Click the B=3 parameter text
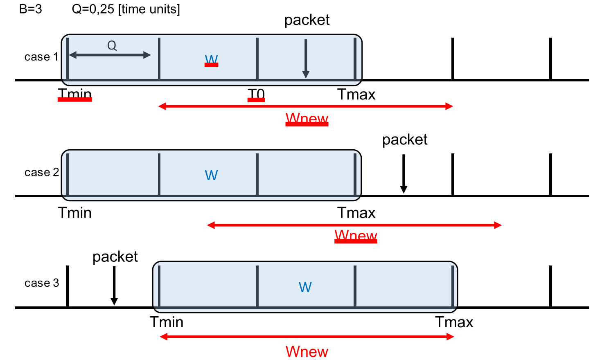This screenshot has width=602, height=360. pyautogui.click(x=30, y=9)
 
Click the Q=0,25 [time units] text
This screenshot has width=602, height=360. pyautogui.click(x=126, y=9)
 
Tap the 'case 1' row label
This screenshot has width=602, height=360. pyautogui.click(x=41, y=57)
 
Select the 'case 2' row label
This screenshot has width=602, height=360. pyautogui.click(x=41, y=173)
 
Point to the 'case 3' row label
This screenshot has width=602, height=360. pyautogui.click(x=41, y=283)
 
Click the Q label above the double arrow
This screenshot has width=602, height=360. pyautogui.click(x=112, y=45)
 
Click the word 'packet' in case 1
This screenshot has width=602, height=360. pyautogui.click(x=307, y=20)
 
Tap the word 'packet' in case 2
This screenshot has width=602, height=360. pyautogui.click(x=405, y=140)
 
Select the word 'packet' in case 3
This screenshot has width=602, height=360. pyautogui.click(x=115, y=257)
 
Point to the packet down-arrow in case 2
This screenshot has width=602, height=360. pyautogui.click(x=404, y=173)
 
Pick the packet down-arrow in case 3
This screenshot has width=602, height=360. pyautogui.click(x=114, y=286)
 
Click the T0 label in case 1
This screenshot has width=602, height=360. pyautogui.click(x=257, y=94)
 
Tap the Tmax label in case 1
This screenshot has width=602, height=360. pyautogui.click(x=356, y=94)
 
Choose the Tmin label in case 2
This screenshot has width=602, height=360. pyautogui.click(x=74, y=213)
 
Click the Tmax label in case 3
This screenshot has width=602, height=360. pyautogui.click(x=454, y=322)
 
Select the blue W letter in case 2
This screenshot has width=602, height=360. pyautogui.click(x=211, y=175)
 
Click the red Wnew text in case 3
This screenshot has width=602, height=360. pyautogui.click(x=307, y=352)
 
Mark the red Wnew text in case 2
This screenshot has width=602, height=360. pyautogui.click(x=356, y=236)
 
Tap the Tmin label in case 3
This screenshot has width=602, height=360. pyautogui.click(x=166, y=322)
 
